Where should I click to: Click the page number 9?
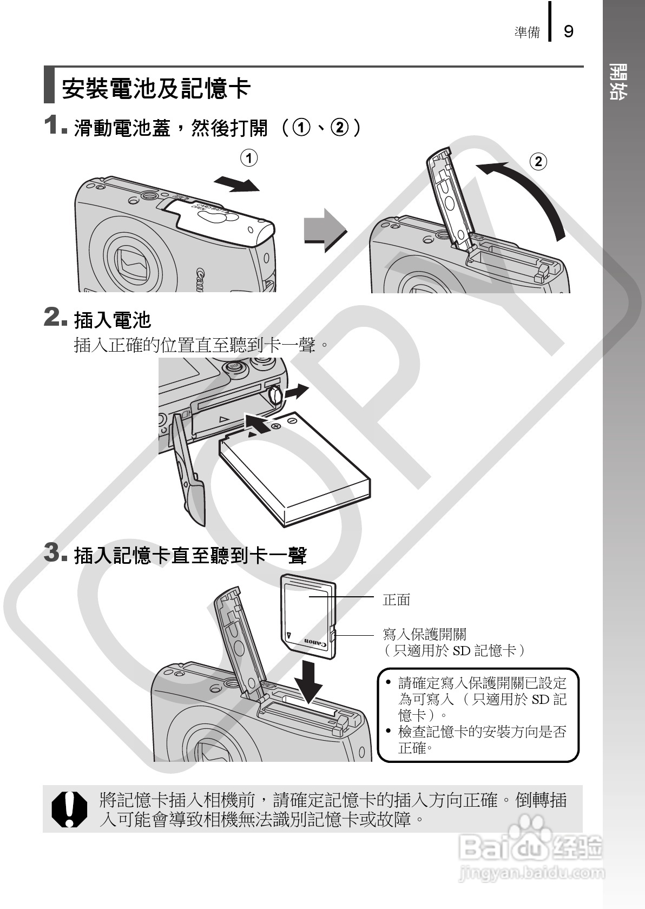pos(568,31)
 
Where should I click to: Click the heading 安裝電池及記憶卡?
pos(156,88)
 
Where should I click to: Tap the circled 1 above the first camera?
pos(248,158)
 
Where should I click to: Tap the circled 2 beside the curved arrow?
pos(538,162)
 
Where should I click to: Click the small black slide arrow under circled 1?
pos(237,184)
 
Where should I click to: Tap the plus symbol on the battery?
pos(277,427)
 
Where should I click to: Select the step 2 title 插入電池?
pos(113,320)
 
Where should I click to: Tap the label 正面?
pos(397,600)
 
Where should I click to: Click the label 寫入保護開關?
pos(424,634)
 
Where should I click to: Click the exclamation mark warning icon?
pos(69,809)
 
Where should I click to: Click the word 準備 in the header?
pos(527,32)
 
